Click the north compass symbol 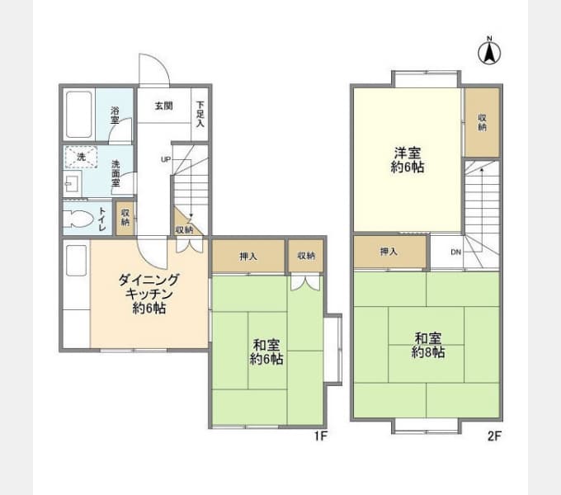[489, 53]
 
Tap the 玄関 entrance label [164, 106]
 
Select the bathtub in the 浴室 [79, 115]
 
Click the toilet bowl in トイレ [78, 218]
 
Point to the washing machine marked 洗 [81, 157]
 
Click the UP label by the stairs [166, 159]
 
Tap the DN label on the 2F [455, 252]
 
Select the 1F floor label [321, 436]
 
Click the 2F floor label [495, 436]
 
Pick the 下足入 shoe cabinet [200, 115]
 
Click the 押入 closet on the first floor [248, 256]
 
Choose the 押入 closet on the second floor [390, 252]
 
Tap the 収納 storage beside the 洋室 [482, 122]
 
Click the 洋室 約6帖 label [408, 160]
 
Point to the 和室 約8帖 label [428, 345]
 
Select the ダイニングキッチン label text [148, 287]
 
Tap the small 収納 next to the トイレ [125, 218]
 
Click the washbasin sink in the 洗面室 [73, 184]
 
